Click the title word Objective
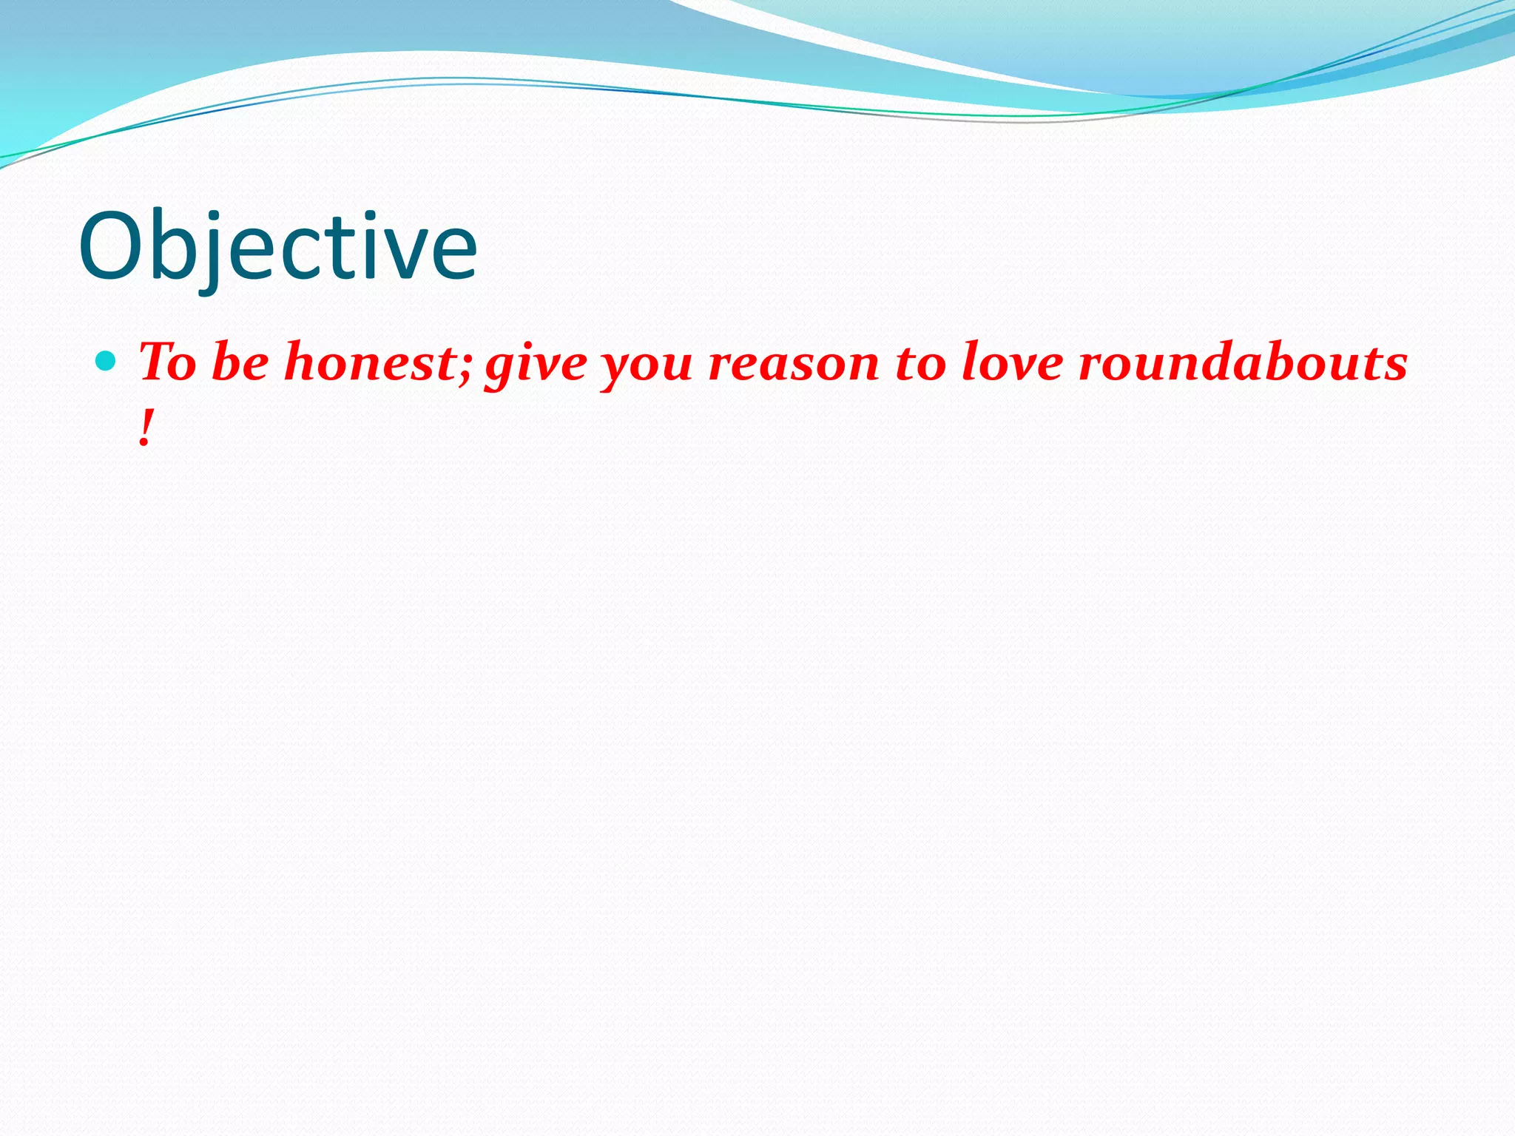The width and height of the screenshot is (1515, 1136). [x=277, y=248]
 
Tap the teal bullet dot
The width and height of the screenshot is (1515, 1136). [x=107, y=361]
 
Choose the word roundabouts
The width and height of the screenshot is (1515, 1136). [x=1243, y=362]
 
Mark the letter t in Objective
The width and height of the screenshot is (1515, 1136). [x=343, y=251]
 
